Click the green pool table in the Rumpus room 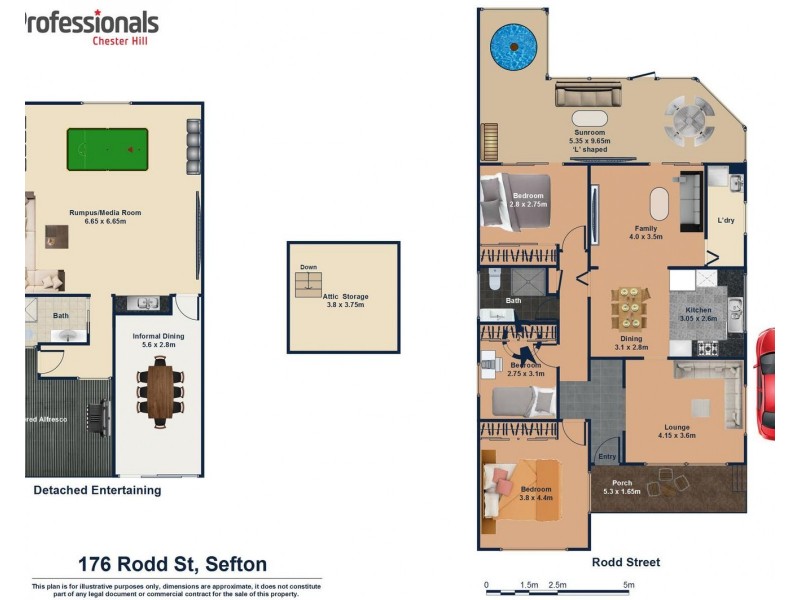106,151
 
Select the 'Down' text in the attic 308,267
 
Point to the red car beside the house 765,384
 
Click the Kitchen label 699,310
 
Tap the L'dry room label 726,220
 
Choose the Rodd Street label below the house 626,562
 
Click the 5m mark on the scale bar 628,584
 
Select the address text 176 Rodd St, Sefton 172,564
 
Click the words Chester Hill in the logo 124,40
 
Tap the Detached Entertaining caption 97,490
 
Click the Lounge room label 677,427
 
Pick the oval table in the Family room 659,204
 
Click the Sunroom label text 589,132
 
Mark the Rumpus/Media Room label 104,212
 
